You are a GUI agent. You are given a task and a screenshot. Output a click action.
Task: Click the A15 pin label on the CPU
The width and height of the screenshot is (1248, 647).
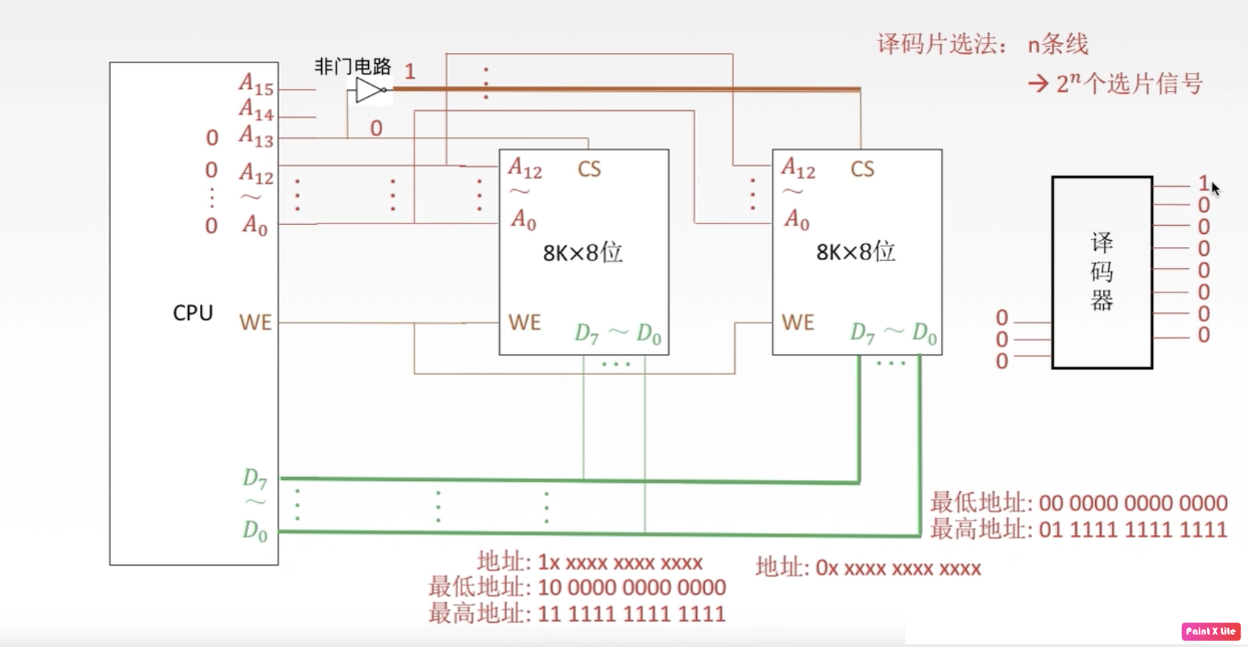(x=256, y=85)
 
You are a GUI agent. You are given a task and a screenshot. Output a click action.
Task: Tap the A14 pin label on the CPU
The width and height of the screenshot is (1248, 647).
(x=256, y=110)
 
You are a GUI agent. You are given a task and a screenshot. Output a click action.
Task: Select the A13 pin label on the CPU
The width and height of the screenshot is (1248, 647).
(x=256, y=136)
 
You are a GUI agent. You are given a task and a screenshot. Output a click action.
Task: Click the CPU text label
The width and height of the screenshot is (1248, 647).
(x=193, y=313)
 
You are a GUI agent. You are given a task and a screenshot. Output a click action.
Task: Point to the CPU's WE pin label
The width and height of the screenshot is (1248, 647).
(x=255, y=323)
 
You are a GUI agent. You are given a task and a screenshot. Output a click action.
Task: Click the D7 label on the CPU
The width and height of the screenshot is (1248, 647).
(x=254, y=479)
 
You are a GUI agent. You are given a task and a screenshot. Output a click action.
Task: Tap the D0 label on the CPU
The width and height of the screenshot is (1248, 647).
(x=255, y=531)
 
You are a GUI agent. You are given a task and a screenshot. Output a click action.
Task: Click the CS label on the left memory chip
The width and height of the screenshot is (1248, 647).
(x=589, y=170)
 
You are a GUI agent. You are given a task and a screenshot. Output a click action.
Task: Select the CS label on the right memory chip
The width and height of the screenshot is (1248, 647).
(x=862, y=170)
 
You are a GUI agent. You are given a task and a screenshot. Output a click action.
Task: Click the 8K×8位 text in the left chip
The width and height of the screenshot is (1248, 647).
(x=582, y=253)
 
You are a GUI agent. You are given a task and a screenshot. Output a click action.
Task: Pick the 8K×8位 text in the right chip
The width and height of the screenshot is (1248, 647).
(x=856, y=252)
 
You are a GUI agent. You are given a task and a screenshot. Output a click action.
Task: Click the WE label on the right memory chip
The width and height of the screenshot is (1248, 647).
(x=797, y=323)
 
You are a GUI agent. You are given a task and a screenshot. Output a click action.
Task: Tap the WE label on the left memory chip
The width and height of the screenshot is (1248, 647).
(x=524, y=323)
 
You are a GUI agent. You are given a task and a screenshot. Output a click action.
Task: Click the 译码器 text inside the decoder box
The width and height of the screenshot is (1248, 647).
(x=1101, y=271)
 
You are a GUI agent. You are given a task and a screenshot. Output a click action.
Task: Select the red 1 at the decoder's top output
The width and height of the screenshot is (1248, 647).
(x=1203, y=182)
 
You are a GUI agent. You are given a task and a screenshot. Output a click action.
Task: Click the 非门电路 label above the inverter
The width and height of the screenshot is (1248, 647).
(x=353, y=67)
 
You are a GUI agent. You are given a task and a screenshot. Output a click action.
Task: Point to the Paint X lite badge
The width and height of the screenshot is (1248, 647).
(x=1210, y=631)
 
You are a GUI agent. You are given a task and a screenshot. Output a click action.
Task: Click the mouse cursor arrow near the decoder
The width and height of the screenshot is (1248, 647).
(x=1215, y=188)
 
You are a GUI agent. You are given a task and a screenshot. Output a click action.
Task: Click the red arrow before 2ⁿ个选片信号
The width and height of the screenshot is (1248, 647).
(x=1038, y=84)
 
